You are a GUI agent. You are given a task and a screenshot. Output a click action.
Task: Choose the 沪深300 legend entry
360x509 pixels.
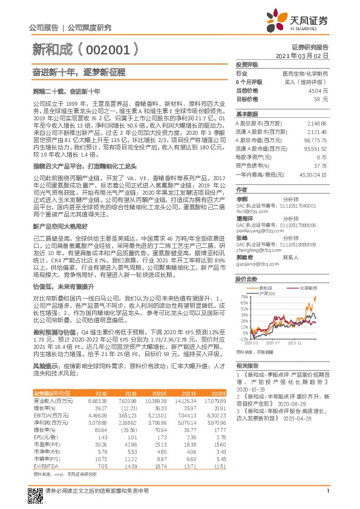tap(267, 293)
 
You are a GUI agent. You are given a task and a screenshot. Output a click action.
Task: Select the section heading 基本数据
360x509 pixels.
tap(247, 114)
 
